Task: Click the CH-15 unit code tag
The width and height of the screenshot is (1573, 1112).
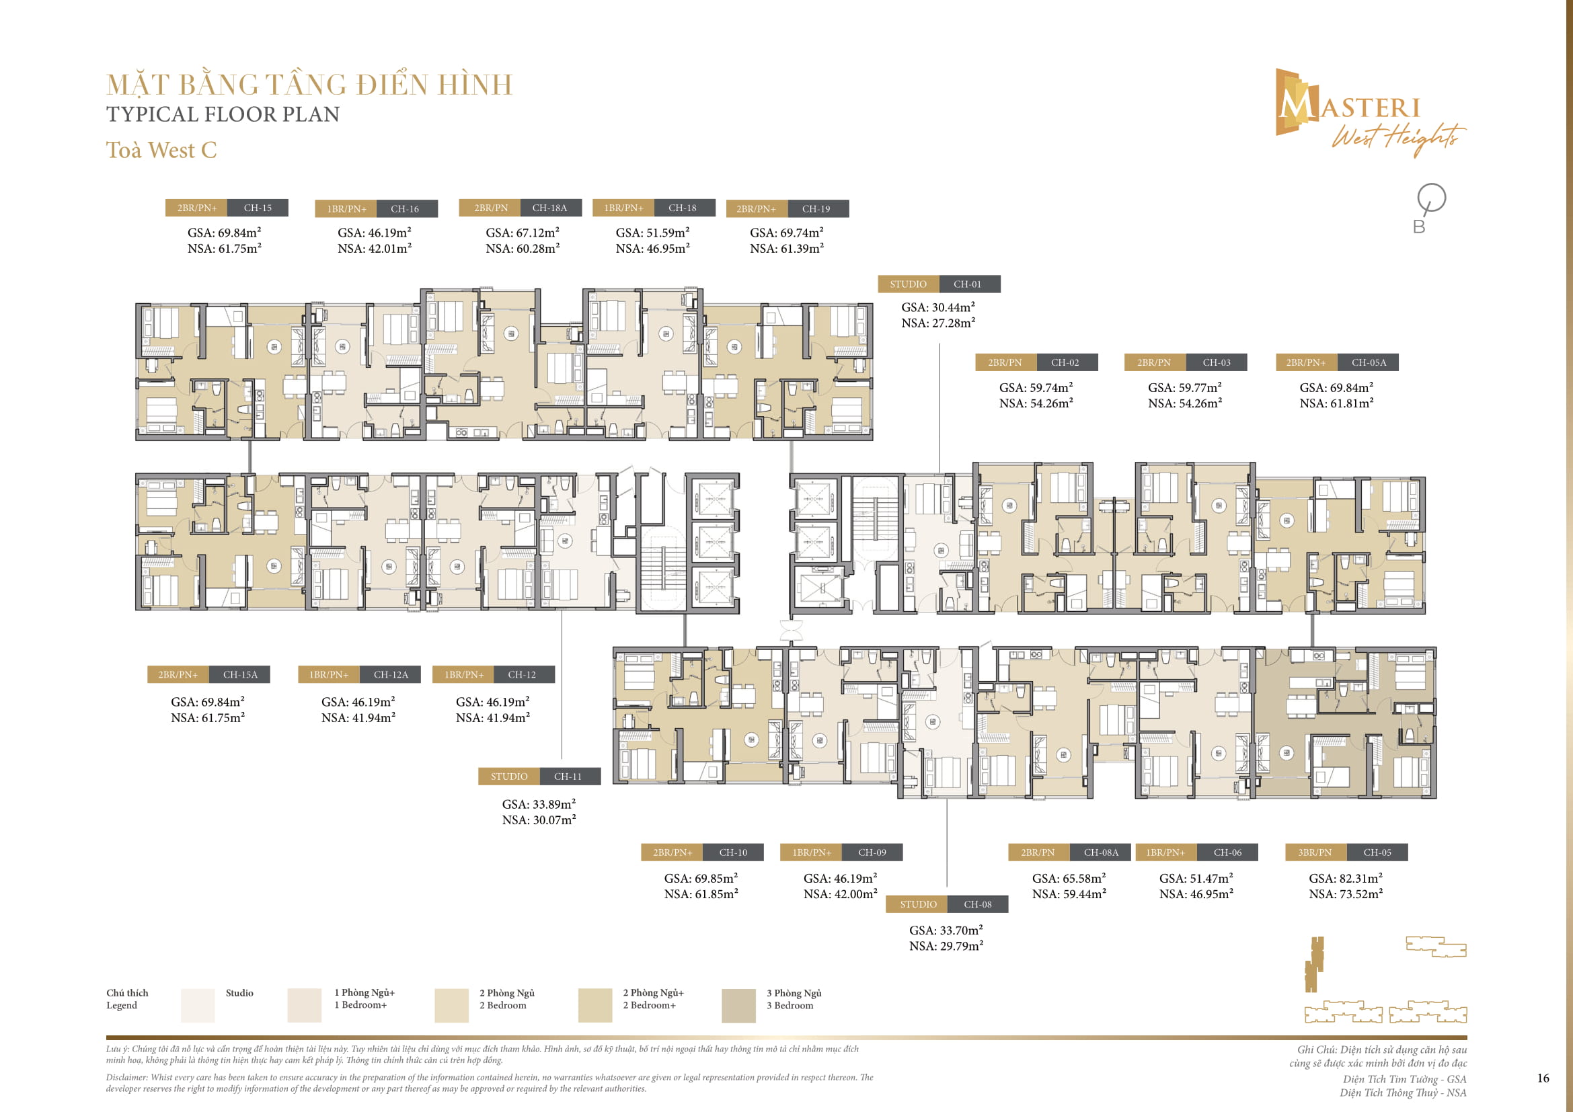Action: click(257, 208)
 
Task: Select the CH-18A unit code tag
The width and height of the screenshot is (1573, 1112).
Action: click(549, 208)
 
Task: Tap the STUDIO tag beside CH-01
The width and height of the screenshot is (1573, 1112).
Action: click(908, 284)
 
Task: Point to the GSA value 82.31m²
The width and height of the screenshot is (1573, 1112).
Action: click(1346, 879)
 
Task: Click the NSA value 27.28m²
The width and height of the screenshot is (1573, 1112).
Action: click(938, 323)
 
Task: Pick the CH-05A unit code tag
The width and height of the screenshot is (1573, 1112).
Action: click(1368, 363)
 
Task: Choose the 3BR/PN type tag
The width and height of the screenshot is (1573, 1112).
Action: click(1315, 852)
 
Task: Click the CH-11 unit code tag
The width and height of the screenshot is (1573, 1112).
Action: click(568, 777)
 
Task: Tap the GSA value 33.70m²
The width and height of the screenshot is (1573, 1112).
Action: click(946, 930)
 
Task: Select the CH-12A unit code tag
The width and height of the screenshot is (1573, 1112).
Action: click(391, 675)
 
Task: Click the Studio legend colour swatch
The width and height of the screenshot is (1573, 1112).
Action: click(197, 1005)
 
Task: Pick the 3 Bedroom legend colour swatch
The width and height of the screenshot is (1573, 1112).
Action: click(738, 1005)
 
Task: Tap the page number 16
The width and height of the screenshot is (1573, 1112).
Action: click(1543, 1078)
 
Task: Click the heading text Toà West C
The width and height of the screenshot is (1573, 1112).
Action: click(161, 150)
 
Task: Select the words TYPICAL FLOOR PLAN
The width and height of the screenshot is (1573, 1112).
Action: click(223, 114)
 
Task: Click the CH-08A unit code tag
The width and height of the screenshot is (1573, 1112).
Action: click(1100, 852)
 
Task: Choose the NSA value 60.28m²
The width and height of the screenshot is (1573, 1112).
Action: click(523, 249)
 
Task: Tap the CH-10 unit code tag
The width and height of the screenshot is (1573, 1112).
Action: click(732, 852)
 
